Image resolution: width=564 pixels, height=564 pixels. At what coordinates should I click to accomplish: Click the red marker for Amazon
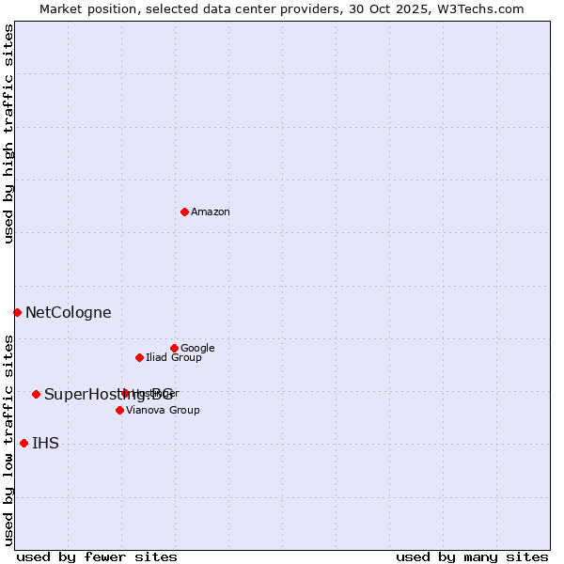pos(184,211)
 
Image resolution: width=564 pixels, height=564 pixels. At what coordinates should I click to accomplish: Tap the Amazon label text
pos(211,212)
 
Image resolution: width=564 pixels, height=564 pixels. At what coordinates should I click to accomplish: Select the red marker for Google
pos(174,348)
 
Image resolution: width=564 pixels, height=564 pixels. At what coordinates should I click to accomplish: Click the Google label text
pos(197,349)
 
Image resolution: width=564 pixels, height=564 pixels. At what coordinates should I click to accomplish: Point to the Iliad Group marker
pos(139,357)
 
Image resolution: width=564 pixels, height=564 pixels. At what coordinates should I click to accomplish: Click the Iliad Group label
pos(174,358)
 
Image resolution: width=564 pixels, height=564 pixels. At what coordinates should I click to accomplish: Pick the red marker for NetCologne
pos(17,312)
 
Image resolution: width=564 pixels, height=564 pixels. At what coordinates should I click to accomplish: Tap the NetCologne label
pos(68,313)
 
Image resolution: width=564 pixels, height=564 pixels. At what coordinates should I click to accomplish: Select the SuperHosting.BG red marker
pos(36,394)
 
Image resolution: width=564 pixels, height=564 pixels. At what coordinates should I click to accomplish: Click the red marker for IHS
pos(23,443)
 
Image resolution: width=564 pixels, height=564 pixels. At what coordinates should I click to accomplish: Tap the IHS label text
pos(45,444)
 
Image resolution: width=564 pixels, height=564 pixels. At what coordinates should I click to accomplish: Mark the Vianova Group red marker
pos(119,410)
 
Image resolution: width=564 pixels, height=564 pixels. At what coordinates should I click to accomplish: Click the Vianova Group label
pos(163,411)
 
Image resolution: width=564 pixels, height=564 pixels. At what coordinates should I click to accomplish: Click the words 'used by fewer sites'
pos(97,557)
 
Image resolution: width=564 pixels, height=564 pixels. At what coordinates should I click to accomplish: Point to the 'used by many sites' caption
pos(472,557)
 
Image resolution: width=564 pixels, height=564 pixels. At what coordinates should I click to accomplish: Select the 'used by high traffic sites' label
pos(8,133)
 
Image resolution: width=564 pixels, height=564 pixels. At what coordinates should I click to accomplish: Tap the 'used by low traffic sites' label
pos(8,440)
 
